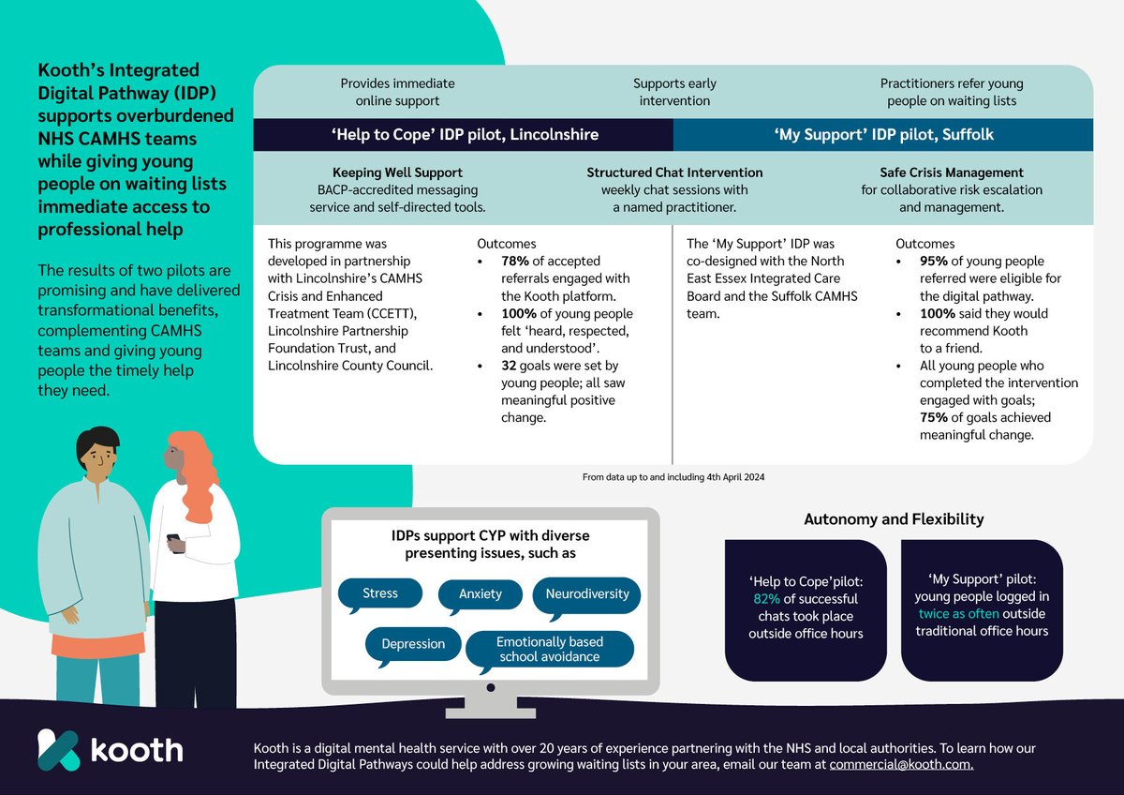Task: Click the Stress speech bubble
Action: click(x=379, y=593)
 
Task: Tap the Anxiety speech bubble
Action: click(x=481, y=593)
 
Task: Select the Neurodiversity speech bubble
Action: click(x=587, y=593)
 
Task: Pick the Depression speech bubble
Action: click(x=413, y=644)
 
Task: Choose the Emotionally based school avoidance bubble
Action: click(x=550, y=649)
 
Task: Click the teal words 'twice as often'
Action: click(x=960, y=614)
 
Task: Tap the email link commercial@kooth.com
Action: click(x=901, y=765)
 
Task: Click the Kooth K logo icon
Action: click(x=58, y=750)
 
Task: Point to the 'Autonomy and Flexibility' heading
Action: click(x=894, y=518)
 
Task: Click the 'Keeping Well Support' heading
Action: click(x=397, y=172)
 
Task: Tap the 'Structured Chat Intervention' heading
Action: click(x=674, y=172)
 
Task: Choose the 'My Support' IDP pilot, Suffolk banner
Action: click(x=883, y=134)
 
